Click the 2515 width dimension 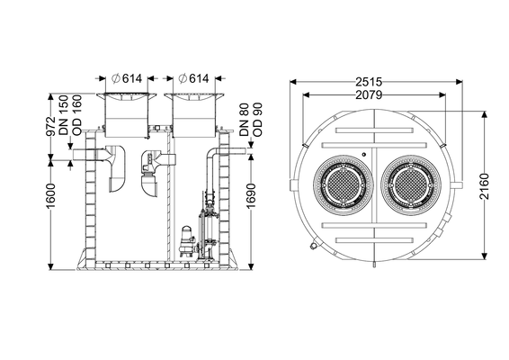tap(369, 82)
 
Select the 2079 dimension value tap(369, 94)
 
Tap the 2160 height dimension tap(484, 186)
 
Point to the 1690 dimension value tap(251, 195)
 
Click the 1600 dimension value tap(51, 196)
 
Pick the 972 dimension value tap(51, 126)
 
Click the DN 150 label tap(64, 115)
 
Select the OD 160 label tap(77, 115)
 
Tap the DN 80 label tap(244, 120)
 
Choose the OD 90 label tap(257, 120)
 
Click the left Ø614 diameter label tap(126, 78)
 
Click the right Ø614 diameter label tap(193, 78)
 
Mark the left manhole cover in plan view tap(344, 185)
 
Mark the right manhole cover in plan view tap(411, 185)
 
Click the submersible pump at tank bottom tap(187, 241)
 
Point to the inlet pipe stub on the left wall tap(84, 155)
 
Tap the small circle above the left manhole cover tap(364, 154)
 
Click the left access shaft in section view tap(126, 114)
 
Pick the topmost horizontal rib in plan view tap(375, 130)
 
